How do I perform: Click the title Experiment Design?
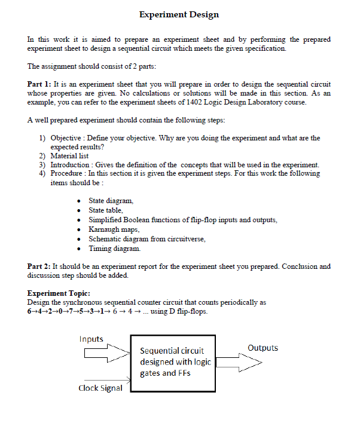[179, 14]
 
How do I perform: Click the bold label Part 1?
[41, 85]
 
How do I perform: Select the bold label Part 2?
[41, 266]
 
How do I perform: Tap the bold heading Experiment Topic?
[59, 293]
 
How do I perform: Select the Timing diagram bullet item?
[115, 248]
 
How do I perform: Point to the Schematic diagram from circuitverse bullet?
[147, 239]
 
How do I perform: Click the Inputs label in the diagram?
[91, 339]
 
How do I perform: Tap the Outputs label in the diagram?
[262, 348]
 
